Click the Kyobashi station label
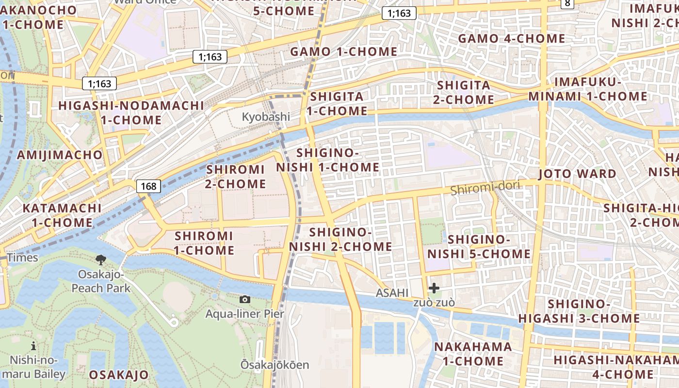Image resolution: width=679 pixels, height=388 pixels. click(x=266, y=117)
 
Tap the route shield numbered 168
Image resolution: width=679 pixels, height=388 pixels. click(x=148, y=186)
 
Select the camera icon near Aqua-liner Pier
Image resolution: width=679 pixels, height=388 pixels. click(x=245, y=299)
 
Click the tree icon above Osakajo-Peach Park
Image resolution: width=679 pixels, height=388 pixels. click(x=101, y=260)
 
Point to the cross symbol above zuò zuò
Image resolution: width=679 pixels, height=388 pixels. click(x=434, y=289)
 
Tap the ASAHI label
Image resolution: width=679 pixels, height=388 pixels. click(x=392, y=292)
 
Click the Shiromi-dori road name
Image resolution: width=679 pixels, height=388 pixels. click(x=485, y=188)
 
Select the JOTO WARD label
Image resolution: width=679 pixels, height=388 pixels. click(x=577, y=174)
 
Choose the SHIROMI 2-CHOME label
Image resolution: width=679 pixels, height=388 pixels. click(x=236, y=177)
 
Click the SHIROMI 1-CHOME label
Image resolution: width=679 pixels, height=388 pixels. click(x=204, y=243)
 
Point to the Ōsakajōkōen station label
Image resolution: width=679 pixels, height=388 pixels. click(x=275, y=365)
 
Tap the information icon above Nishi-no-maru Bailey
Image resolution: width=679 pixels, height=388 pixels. click(x=33, y=346)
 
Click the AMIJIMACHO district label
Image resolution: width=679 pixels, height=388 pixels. click(x=60, y=155)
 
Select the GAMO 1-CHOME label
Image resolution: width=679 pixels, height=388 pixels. click(x=343, y=51)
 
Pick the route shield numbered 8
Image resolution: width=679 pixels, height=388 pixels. click(x=567, y=3)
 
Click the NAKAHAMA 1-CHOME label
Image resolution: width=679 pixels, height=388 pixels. click(x=473, y=354)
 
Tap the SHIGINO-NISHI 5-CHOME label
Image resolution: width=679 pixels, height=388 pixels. click(x=479, y=246)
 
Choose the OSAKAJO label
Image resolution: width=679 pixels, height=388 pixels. click(x=118, y=375)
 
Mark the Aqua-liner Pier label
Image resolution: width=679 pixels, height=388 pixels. click(x=244, y=314)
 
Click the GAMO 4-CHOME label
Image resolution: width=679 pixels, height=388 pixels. click(x=511, y=38)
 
